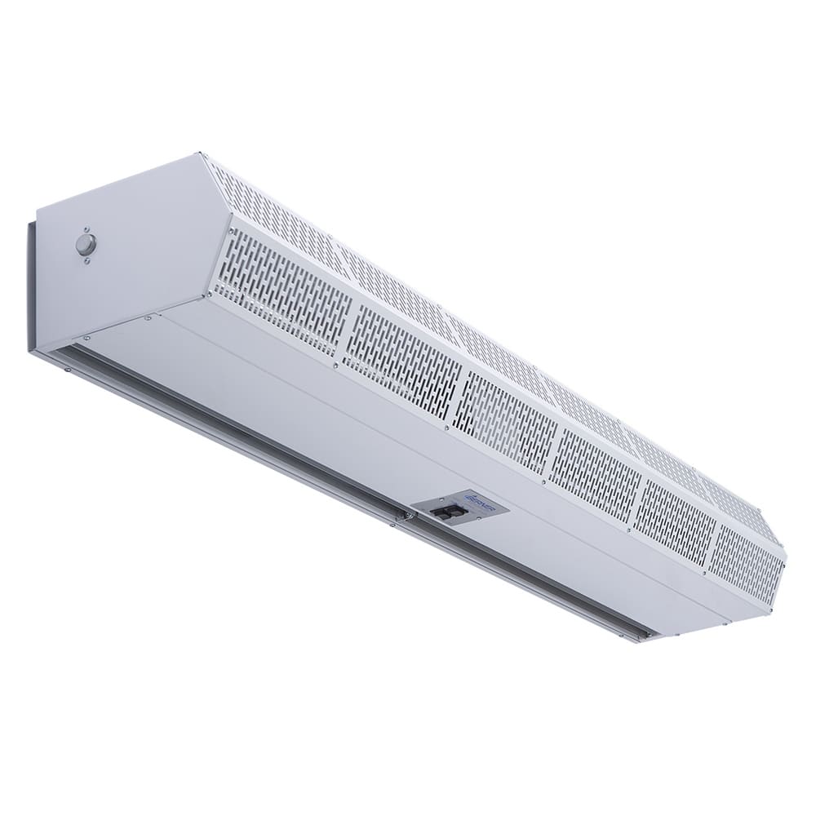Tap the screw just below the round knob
pyautogui.click(x=86, y=260)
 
